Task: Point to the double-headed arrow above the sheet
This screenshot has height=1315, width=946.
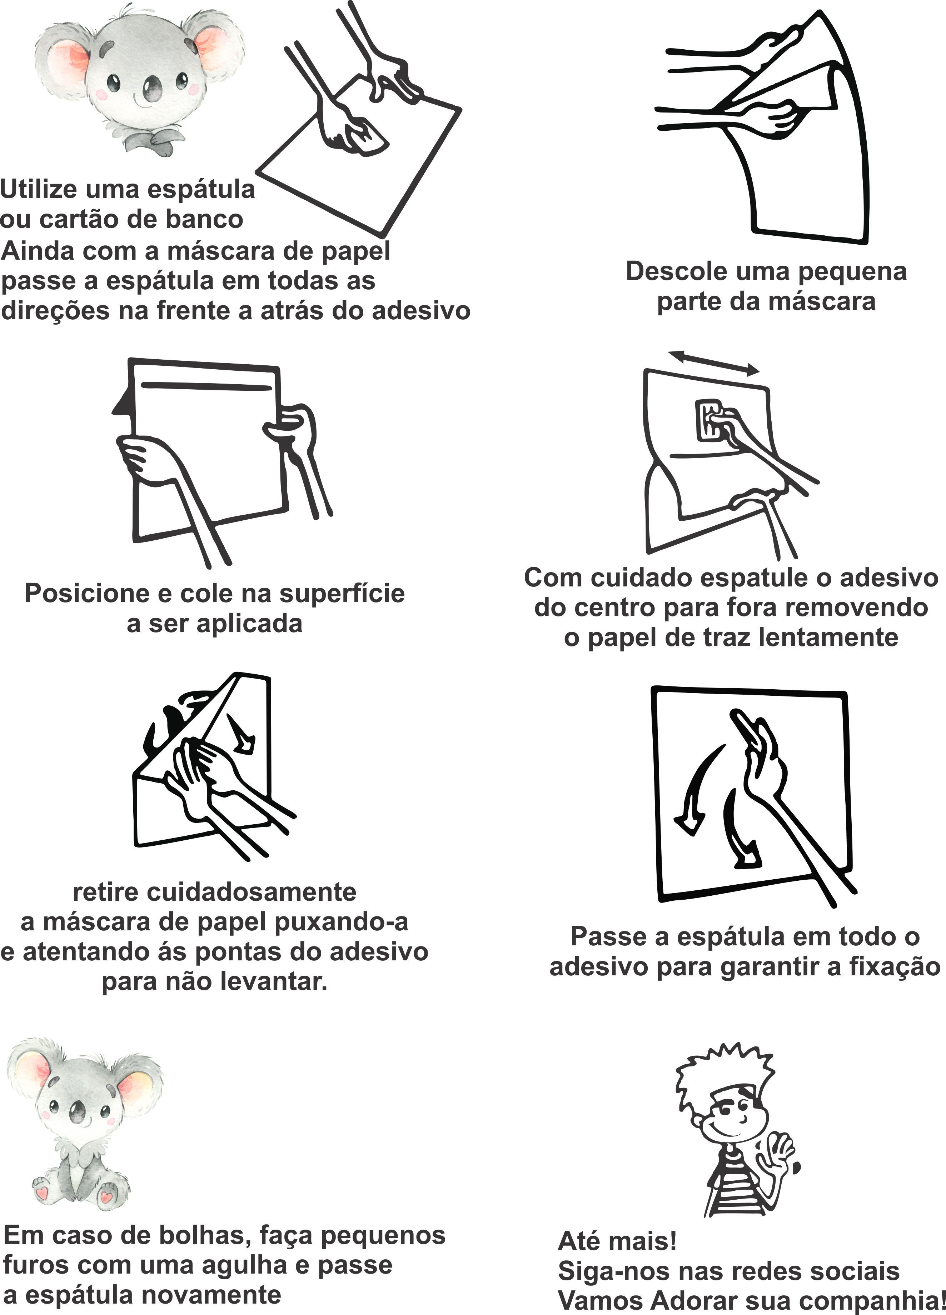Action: pyautogui.click(x=713, y=364)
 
